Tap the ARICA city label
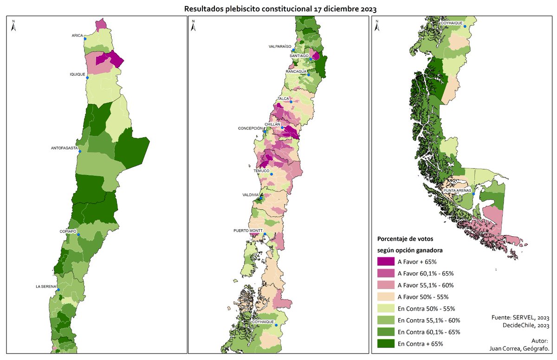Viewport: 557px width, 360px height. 77,35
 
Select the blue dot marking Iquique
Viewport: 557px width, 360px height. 87,77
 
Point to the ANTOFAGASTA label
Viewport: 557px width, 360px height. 64,148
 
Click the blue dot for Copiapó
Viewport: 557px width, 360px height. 78,235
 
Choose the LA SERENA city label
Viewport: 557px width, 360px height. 46,286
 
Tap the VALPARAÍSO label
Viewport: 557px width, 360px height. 280,46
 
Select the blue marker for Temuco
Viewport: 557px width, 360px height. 272,174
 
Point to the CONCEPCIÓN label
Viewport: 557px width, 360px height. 251,129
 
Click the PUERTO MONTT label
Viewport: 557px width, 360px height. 248,230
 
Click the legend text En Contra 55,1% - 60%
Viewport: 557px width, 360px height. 429,321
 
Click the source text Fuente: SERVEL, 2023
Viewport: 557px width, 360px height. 520,318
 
